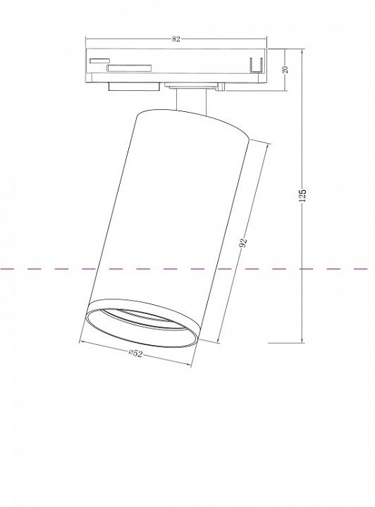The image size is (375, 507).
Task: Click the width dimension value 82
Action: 176,39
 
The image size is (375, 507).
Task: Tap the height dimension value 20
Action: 285,70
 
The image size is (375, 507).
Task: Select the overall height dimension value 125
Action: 302,195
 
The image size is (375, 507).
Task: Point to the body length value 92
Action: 243,242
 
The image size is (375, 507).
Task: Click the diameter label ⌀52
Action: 135,353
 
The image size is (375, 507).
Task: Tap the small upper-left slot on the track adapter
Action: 99,61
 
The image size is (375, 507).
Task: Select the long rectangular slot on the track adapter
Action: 130,68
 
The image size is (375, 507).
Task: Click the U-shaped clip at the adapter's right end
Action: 256,65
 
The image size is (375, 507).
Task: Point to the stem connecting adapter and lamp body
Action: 191,101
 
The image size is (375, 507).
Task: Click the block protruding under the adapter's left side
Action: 134,87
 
